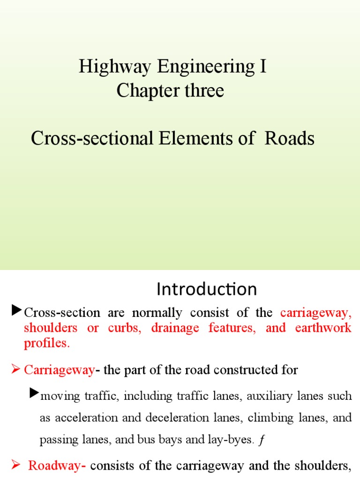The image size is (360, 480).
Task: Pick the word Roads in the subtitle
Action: (289, 138)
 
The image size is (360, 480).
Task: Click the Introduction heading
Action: (207, 289)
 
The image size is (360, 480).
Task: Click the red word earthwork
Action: (323, 328)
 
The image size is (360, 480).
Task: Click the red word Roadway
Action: (57, 465)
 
